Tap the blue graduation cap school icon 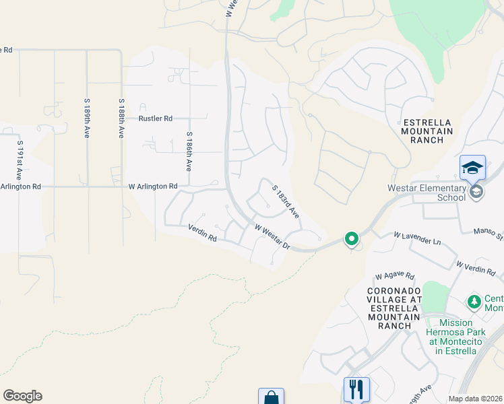click(472, 167)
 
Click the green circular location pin click(351, 238)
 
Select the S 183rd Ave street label click(286, 201)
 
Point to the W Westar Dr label click(272, 237)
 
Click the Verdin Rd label click(202, 233)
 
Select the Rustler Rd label click(156, 118)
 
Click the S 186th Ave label click(190, 151)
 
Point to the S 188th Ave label click(121, 119)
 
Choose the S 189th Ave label click(87, 119)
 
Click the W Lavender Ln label click(417, 236)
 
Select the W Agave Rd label click(395, 276)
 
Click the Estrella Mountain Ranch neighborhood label click(427, 131)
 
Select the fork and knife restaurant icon click(356, 389)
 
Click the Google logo click(22, 396)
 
